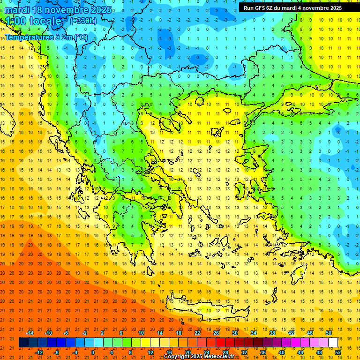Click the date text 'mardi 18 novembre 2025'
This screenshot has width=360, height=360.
click(58, 10)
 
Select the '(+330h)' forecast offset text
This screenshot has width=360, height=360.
click(83, 21)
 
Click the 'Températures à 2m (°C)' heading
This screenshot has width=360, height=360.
click(46, 37)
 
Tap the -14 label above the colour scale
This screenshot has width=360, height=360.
click(30, 332)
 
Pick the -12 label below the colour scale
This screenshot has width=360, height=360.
click(39, 352)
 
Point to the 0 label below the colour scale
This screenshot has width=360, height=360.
click(93, 352)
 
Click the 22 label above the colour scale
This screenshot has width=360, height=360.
click(197, 332)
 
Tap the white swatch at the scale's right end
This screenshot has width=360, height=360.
click(333, 342)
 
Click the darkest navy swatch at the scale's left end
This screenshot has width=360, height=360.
click(24, 342)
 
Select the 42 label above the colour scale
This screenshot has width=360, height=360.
click(291, 332)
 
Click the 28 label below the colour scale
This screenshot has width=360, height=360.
click(225, 352)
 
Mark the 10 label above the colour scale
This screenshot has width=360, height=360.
click(141, 332)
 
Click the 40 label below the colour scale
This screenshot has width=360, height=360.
click(282, 352)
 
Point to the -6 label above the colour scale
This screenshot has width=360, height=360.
click(66, 332)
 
